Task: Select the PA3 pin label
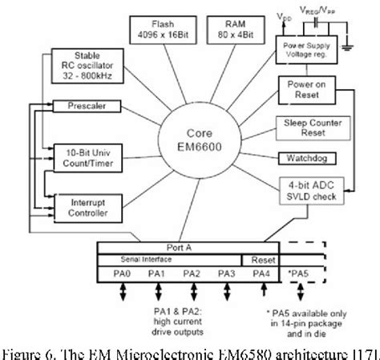(x=228, y=273)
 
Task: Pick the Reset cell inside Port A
(x=261, y=260)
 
